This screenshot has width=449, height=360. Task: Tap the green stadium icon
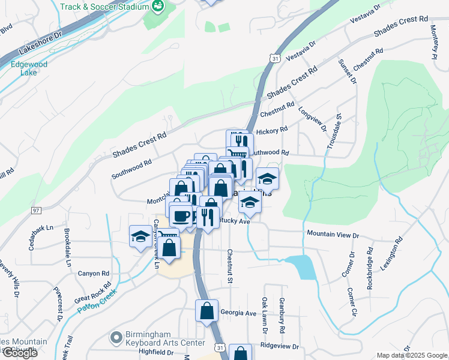pyautogui.click(x=158, y=7)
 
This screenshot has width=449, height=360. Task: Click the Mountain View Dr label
pyautogui.click(x=332, y=233)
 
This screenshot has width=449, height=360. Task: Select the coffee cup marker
pyautogui.click(x=181, y=215)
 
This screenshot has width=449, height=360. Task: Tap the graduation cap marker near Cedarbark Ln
pyautogui.click(x=140, y=236)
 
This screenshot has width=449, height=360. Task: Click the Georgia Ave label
pyautogui.click(x=238, y=313)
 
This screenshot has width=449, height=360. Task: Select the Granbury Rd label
pyautogui.click(x=280, y=316)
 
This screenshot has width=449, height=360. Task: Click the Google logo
pyautogui.click(x=19, y=353)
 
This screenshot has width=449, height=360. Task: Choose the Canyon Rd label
pyautogui.click(x=92, y=273)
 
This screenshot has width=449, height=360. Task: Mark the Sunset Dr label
pyautogui.click(x=347, y=71)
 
